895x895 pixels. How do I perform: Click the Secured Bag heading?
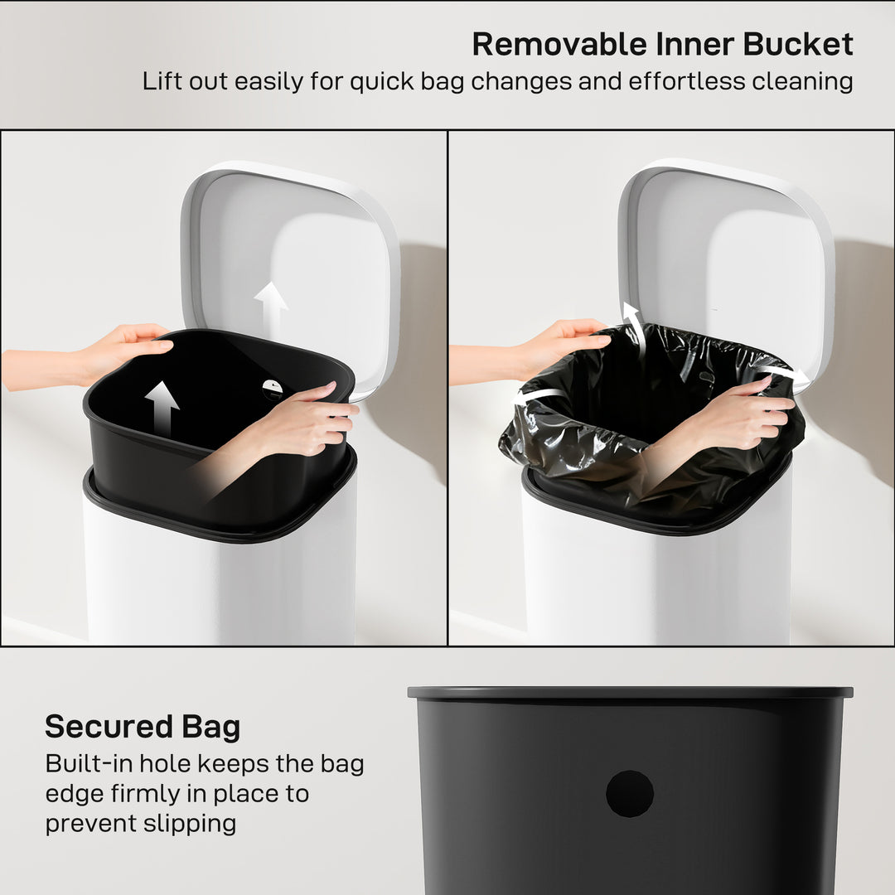(143, 727)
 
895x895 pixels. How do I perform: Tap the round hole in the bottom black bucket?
(630, 793)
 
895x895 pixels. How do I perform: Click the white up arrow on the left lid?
(271, 307)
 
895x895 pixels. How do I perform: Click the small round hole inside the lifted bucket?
(273, 387)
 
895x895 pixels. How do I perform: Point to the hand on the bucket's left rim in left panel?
(124, 348)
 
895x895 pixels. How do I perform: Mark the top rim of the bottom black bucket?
(630, 692)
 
